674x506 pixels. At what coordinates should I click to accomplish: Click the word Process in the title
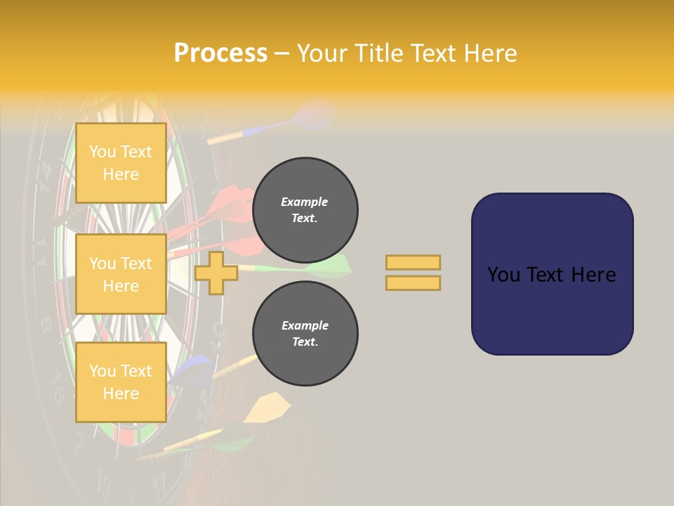tap(220, 53)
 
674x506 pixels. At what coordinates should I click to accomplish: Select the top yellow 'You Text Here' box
tap(121, 163)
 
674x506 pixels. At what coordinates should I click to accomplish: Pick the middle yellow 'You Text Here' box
tap(121, 274)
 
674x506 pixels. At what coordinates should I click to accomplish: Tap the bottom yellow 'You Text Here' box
tap(121, 382)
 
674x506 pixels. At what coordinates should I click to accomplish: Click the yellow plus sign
tap(216, 273)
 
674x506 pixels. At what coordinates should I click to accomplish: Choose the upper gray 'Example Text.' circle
tap(305, 209)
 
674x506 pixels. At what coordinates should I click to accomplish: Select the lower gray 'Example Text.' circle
tap(305, 333)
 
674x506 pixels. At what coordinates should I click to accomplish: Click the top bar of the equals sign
tap(413, 262)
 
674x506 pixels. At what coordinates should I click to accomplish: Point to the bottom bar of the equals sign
tap(413, 283)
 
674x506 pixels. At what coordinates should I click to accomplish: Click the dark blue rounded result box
tap(552, 274)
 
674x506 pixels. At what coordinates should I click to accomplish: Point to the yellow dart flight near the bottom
tap(267, 408)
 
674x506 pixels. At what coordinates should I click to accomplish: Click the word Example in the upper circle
tap(305, 202)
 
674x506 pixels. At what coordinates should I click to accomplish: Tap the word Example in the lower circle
tap(305, 325)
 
